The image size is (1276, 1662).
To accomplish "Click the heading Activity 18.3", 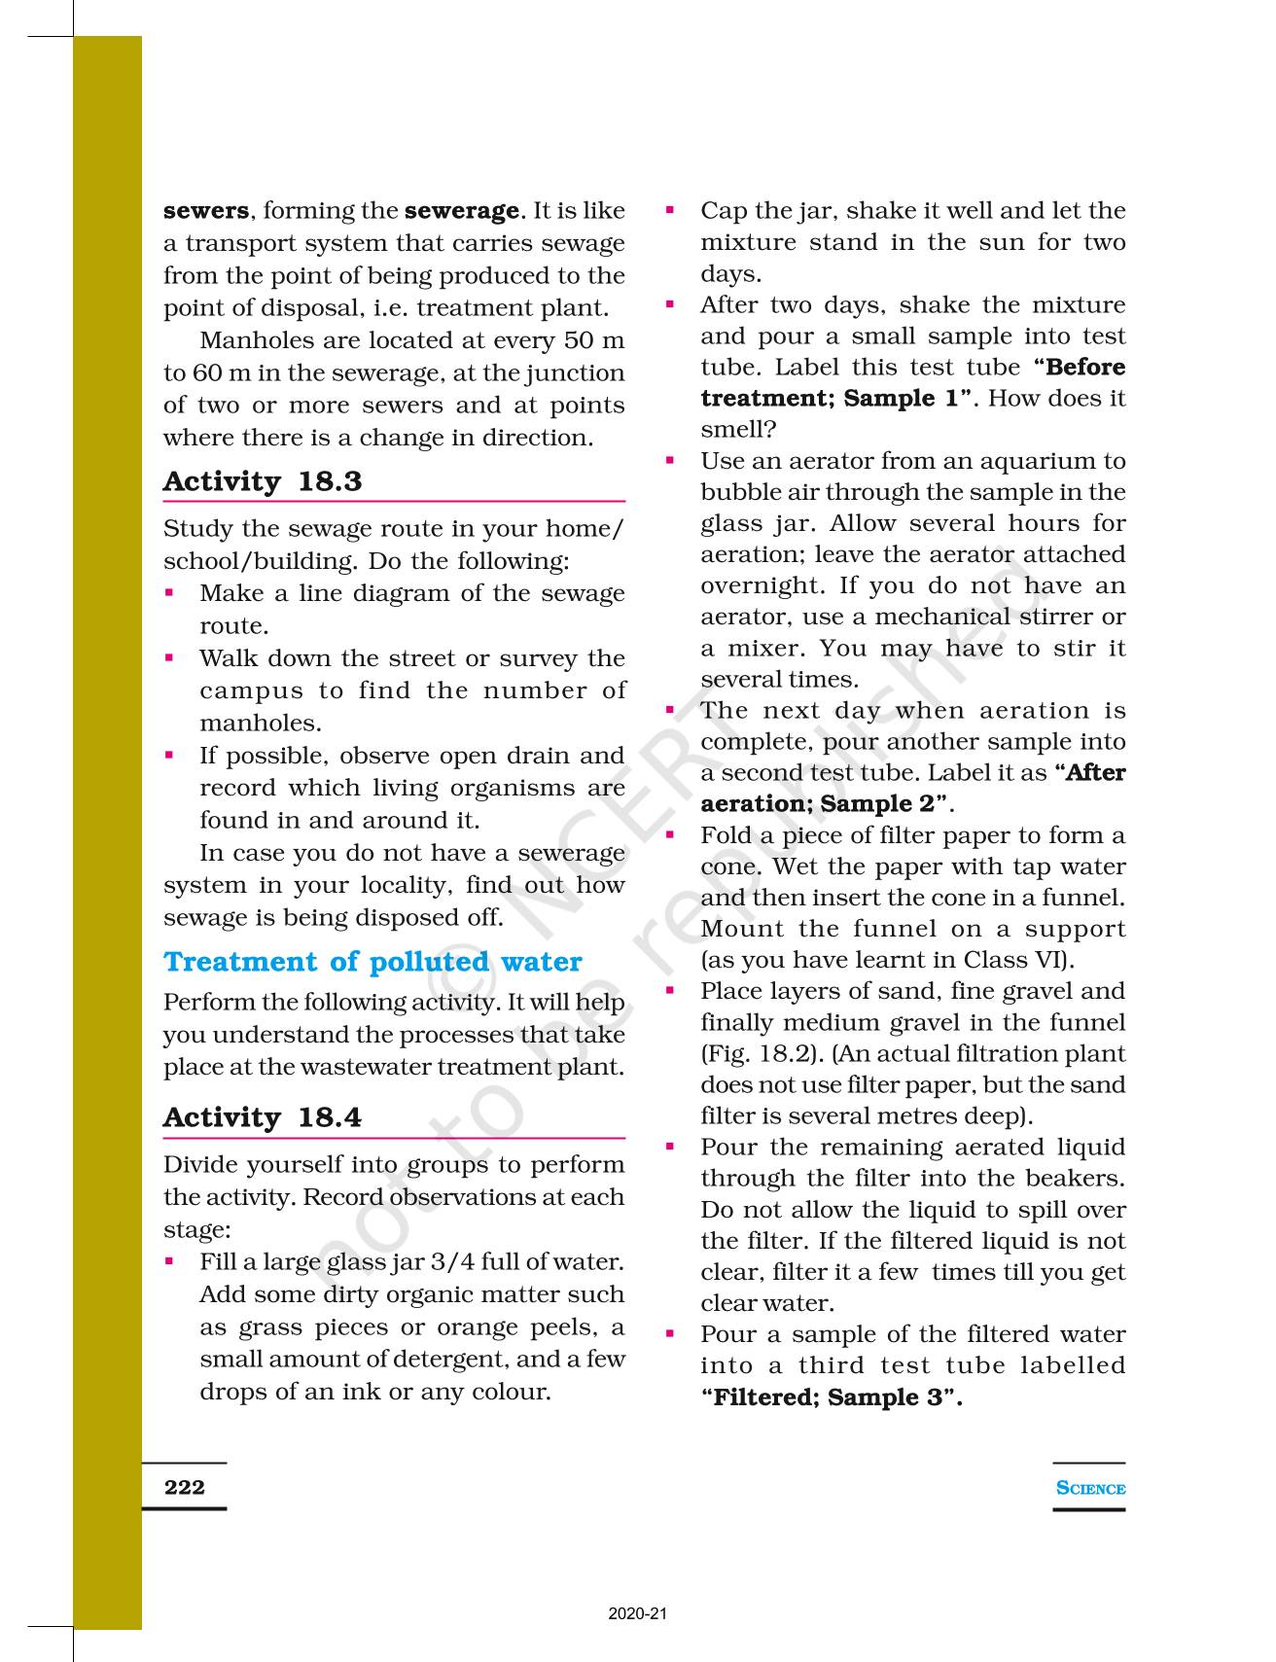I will (263, 481).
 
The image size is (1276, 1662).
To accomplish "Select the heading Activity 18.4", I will (263, 1117).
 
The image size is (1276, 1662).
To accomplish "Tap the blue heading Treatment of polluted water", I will (372, 962).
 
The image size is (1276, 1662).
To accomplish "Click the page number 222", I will (185, 1487).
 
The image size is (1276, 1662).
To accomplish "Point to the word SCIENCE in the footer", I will (1090, 1488).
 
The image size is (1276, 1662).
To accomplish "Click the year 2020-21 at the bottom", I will (638, 1614).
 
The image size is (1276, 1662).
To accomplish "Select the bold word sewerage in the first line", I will (461, 211).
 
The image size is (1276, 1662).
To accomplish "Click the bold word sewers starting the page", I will (206, 211).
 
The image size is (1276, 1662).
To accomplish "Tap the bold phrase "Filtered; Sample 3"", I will (832, 1397).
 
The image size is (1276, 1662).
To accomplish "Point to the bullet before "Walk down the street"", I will (170, 657).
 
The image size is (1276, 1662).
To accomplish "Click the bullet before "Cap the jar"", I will (670, 209).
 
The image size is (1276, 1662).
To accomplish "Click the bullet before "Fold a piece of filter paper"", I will (670, 834).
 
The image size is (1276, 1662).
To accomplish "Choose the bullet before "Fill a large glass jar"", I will (170, 1261).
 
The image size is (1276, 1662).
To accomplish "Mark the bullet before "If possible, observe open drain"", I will (170, 755).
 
